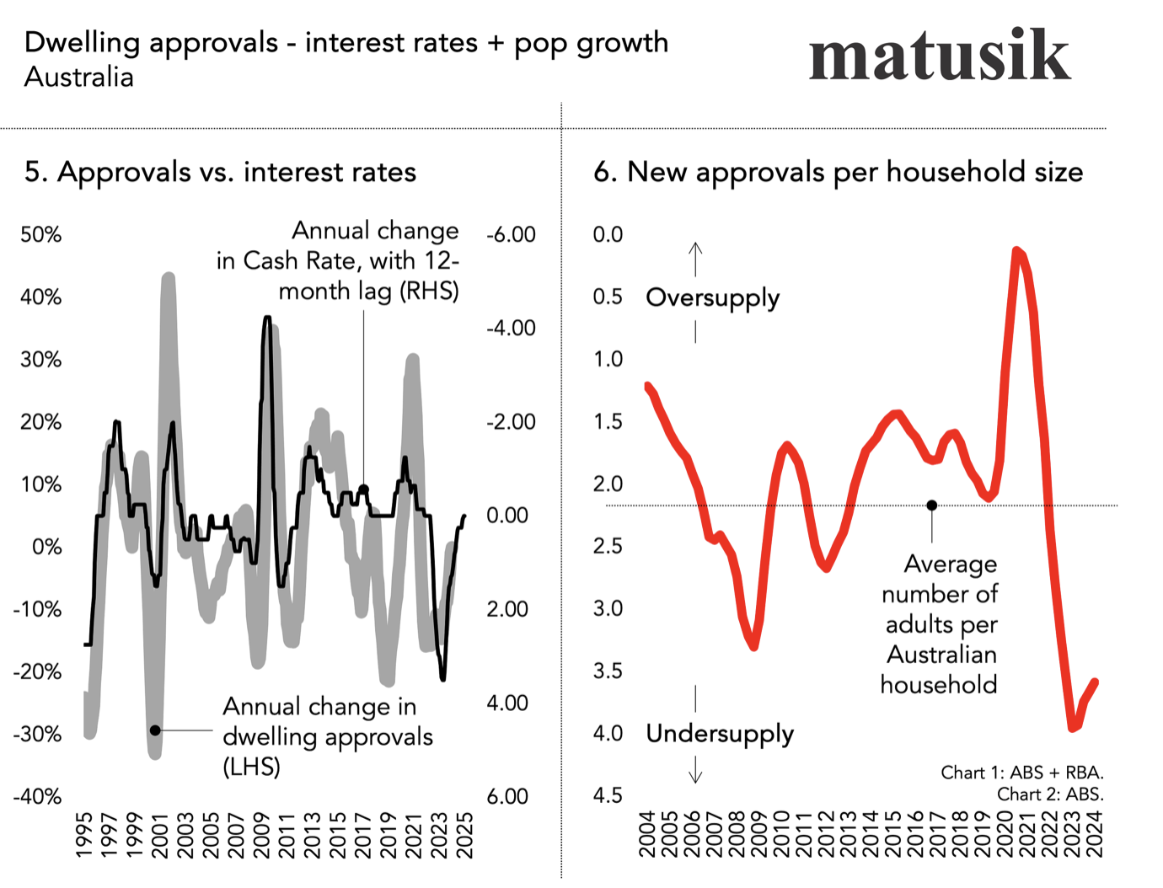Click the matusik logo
pyautogui.click(x=939, y=56)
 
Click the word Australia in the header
pyautogui.click(x=79, y=78)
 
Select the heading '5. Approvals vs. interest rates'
pyautogui.click(x=220, y=172)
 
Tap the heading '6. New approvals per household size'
pyautogui.click(x=838, y=172)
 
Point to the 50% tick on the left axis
pyautogui.click(x=41, y=235)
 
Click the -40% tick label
pyautogui.click(x=38, y=796)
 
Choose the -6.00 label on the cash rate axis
pyautogui.click(x=511, y=235)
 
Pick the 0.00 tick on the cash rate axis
pyautogui.click(x=507, y=516)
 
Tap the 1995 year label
pyautogui.click(x=84, y=835)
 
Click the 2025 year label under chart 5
pyautogui.click(x=464, y=835)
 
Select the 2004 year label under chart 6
pyautogui.click(x=647, y=834)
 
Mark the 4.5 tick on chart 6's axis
pyautogui.click(x=608, y=796)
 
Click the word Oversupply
pyautogui.click(x=712, y=298)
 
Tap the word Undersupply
pyautogui.click(x=720, y=734)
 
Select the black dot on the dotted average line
pyautogui.click(x=932, y=506)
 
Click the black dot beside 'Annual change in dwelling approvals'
pyautogui.click(x=155, y=730)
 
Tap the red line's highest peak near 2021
pyautogui.click(x=1017, y=250)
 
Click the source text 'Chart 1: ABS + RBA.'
pyautogui.click(x=1021, y=773)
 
